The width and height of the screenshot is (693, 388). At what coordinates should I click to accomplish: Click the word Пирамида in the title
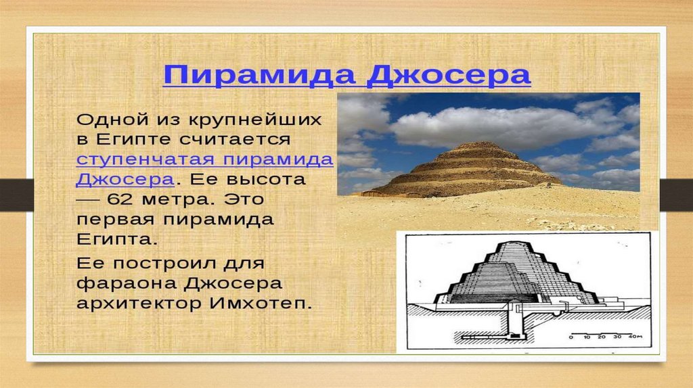click(259, 74)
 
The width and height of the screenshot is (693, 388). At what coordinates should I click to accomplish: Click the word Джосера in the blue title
click(449, 75)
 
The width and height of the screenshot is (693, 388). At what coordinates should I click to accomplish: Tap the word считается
click(235, 139)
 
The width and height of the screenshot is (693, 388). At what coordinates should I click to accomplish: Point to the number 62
click(119, 199)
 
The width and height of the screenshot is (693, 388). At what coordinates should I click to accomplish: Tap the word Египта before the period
click(114, 240)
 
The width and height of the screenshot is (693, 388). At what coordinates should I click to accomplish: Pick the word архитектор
click(139, 304)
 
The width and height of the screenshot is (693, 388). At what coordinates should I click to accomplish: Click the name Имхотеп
click(258, 304)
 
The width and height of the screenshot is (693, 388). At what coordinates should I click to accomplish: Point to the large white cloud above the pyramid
click(495, 126)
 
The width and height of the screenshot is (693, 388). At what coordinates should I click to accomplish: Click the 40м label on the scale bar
click(635, 337)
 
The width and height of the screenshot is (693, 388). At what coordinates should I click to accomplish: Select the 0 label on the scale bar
click(571, 337)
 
